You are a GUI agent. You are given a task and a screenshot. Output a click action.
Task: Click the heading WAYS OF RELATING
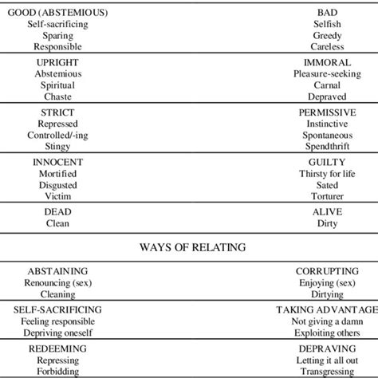(x=188, y=247)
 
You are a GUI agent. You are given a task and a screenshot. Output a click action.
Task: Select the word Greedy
(x=327, y=36)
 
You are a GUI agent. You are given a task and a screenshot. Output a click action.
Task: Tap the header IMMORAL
(x=327, y=62)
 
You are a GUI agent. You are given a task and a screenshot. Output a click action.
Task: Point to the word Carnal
(x=327, y=85)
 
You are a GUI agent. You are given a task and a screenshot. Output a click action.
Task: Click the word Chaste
(x=57, y=96)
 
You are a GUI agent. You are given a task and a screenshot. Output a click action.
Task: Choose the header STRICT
(x=57, y=113)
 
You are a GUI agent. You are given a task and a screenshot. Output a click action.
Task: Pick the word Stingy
(x=57, y=147)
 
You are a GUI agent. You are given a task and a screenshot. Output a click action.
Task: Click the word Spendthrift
(x=327, y=147)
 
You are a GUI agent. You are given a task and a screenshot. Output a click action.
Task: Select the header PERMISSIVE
(x=327, y=113)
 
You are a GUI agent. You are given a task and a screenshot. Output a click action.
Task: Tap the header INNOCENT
(x=57, y=162)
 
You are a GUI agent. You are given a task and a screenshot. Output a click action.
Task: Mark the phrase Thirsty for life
(x=327, y=174)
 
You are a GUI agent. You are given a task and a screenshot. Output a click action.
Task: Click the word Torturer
(x=327, y=196)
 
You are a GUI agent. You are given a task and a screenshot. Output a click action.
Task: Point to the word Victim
(x=57, y=196)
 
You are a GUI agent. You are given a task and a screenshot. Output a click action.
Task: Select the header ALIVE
(x=327, y=213)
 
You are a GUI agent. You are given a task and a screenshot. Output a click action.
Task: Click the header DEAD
(x=57, y=213)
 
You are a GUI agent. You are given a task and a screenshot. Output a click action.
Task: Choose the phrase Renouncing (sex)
(x=57, y=282)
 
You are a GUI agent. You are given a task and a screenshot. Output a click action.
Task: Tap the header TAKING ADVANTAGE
(x=327, y=309)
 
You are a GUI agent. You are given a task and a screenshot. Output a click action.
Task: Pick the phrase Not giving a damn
(x=327, y=321)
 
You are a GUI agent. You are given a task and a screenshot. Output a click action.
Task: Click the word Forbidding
(x=57, y=371)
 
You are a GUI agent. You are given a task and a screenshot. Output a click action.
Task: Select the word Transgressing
(x=327, y=371)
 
